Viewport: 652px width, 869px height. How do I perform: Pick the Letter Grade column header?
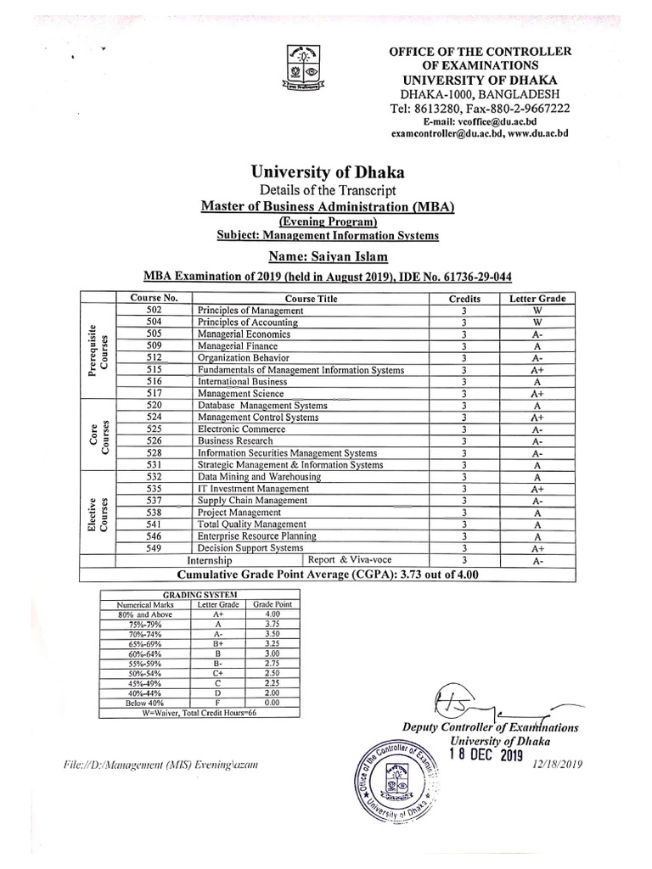click(537, 299)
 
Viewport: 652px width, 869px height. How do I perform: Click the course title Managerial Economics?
click(244, 334)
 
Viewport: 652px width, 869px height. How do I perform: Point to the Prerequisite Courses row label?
click(98, 352)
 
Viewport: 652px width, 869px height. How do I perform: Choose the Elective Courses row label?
click(98, 513)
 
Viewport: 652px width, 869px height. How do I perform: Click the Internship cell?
click(209, 561)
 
